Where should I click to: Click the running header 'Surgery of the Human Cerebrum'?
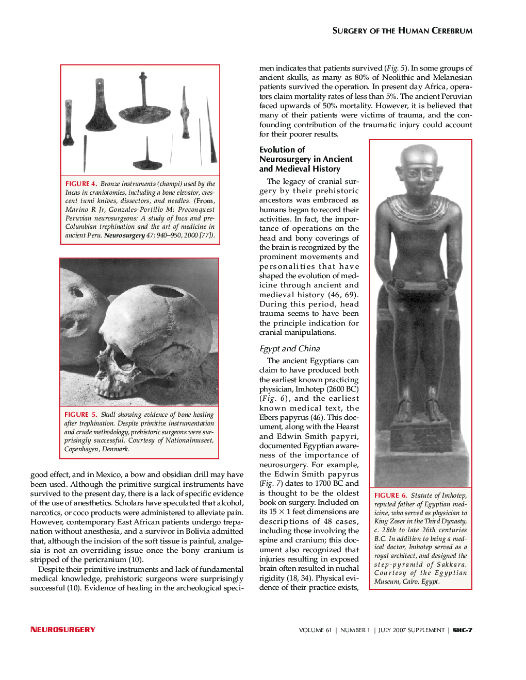pyautogui.click(x=402, y=31)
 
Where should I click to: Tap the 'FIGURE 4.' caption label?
pyautogui.click(x=81, y=184)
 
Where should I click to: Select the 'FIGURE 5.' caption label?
pyautogui.click(x=80, y=415)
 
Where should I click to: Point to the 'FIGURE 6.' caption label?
pyautogui.click(x=390, y=496)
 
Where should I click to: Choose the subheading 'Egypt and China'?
pyautogui.click(x=289, y=349)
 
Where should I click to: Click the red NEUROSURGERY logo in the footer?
pyautogui.click(x=63, y=630)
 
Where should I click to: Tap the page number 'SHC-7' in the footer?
pyautogui.click(x=463, y=630)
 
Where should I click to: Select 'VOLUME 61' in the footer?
pyautogui.click(x=315, y=630)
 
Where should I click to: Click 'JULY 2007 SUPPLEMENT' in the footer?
pyautogui.click(x=411, y=630)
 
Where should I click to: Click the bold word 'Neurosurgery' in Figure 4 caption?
pyautogui.click(x=124, y=235)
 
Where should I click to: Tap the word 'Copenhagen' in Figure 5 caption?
pyautogui.click(x=81, y=449)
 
